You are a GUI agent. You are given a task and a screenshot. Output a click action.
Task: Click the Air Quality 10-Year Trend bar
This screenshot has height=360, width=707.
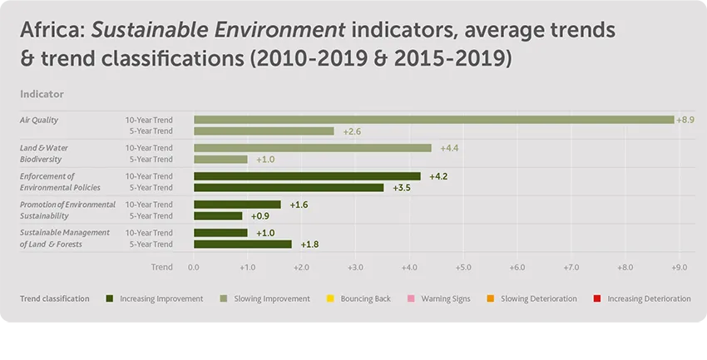point(433,120)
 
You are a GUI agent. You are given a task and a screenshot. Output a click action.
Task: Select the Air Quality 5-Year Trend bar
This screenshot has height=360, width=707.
point(264,131)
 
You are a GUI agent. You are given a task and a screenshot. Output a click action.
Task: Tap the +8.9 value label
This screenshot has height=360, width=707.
point(685,120)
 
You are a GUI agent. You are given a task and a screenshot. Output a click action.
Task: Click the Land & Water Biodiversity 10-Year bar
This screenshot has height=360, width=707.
point(312,148)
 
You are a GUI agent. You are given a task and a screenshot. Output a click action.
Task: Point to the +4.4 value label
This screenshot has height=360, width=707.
point(450,148)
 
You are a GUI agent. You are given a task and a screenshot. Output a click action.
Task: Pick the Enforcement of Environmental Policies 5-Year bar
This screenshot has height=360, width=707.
point(289,188)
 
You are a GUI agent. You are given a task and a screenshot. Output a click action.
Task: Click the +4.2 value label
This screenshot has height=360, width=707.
point(439,176)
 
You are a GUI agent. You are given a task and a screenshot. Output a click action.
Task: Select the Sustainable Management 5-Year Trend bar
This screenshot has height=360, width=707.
point(243,244)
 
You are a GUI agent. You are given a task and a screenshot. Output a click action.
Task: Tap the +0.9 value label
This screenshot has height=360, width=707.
point(260,216)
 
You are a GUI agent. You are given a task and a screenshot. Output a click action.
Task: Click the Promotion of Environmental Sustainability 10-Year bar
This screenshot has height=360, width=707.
point(237,205)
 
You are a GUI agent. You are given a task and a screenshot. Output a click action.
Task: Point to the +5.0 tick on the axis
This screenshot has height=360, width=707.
point(463,268)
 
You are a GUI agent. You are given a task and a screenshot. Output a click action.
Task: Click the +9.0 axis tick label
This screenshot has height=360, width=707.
point(679,268)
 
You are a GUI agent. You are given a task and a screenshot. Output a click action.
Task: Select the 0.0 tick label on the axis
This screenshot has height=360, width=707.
point(194,268)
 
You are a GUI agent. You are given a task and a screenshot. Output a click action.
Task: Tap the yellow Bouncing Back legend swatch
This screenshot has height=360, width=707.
point(331,298)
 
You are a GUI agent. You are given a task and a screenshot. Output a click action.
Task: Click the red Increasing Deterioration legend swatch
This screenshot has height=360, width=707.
point(598,298)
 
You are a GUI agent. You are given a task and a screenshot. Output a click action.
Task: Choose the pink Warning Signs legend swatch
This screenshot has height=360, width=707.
point(410,298)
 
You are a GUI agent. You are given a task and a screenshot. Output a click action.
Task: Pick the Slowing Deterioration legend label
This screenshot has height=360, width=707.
point(538,298)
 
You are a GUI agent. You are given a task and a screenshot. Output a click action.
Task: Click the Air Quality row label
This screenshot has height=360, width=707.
point(39,120)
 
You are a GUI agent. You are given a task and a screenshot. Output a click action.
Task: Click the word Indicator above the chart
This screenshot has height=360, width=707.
point(42,95)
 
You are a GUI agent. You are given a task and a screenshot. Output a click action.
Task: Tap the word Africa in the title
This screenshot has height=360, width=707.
point(52,32)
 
